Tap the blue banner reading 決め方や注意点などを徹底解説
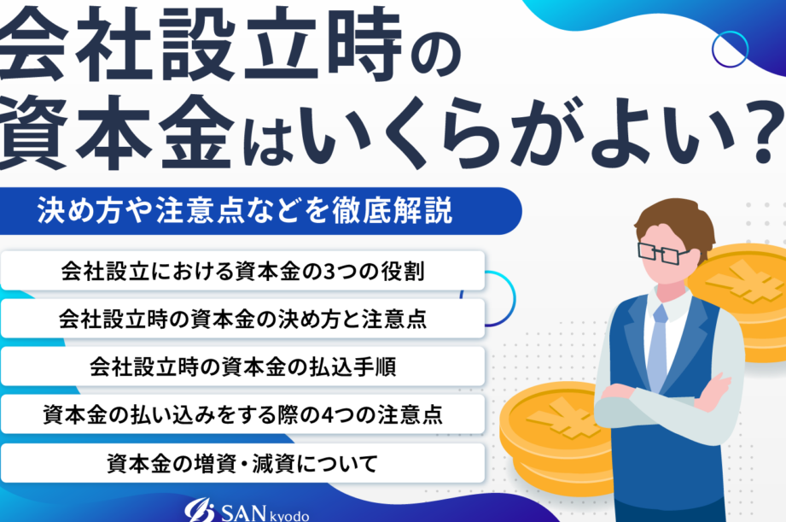pos(260,211)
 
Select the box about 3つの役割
pos(242,271)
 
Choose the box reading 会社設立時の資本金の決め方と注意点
pos(242,319)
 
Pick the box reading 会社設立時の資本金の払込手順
pos(242,367)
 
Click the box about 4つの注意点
pos(242,414)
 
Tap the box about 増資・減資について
pos(242,463)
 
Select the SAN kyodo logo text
pos(265,513)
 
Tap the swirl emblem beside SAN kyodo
pos(200,511)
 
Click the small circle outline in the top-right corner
pos(730,50)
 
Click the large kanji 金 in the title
pos(197,132)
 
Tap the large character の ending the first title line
pos(434,56)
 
